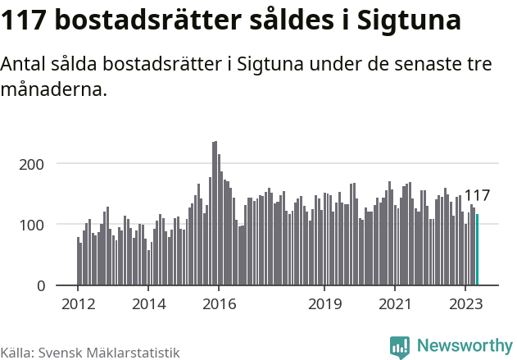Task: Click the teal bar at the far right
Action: (x=478, y=250)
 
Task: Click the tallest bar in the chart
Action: (x=215, y=213)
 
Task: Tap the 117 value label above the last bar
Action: (x=477, y=196)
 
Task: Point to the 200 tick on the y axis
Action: (x=43, y=164)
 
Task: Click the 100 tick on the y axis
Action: (x=43, y=225)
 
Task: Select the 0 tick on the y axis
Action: (x=51, y=285)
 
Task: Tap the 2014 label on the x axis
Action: (x=148, y=303)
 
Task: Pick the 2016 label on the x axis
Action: (x=219, y=303)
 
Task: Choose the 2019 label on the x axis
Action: (x=324, y=303)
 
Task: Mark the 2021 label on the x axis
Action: (x=395, y=303)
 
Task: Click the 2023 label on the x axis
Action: (x=465, y=303)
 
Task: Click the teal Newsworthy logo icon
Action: (x=400, y=347)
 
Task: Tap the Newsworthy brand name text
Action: (x=464, y=346)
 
